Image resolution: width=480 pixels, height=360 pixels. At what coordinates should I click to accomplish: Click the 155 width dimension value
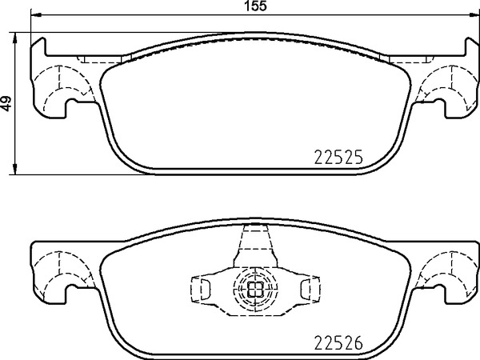[256, 6]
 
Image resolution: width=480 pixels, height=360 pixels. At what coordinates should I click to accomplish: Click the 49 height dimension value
[6, 103]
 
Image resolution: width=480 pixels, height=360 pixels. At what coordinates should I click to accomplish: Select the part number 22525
[338, 158]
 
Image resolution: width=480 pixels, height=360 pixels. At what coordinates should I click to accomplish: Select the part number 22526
[338, 342]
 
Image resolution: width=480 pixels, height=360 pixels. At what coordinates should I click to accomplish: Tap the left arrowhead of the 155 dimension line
[36, 14]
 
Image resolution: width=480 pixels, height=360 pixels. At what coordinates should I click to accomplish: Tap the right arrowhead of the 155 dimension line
[474, 14]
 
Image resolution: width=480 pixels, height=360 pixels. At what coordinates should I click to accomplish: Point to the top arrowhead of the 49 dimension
[14, 38]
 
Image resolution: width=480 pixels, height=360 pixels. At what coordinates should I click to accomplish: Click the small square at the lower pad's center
[255, 289]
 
